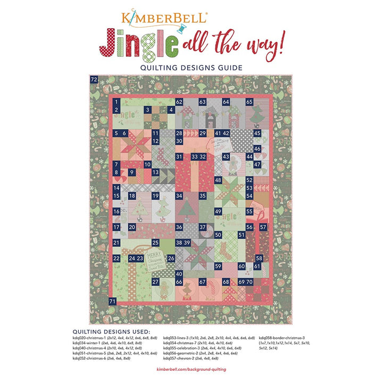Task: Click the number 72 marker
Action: point(94,79)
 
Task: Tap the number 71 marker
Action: point(112,301)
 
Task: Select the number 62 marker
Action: point(179,102)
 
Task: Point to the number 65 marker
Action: point(249,102)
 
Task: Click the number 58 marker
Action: point(259,258)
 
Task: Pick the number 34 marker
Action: point(179,196)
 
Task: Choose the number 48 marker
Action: point(218,180)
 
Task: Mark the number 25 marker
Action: point(156,243)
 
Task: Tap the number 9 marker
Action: point(132,172)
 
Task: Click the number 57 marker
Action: point(263,227)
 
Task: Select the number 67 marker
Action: point(202,281)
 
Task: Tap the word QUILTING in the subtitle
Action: point(159,68)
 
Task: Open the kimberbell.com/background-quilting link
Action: point(191,369)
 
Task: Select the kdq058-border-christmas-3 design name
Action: point(281,337)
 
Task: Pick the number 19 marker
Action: point(156,196)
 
